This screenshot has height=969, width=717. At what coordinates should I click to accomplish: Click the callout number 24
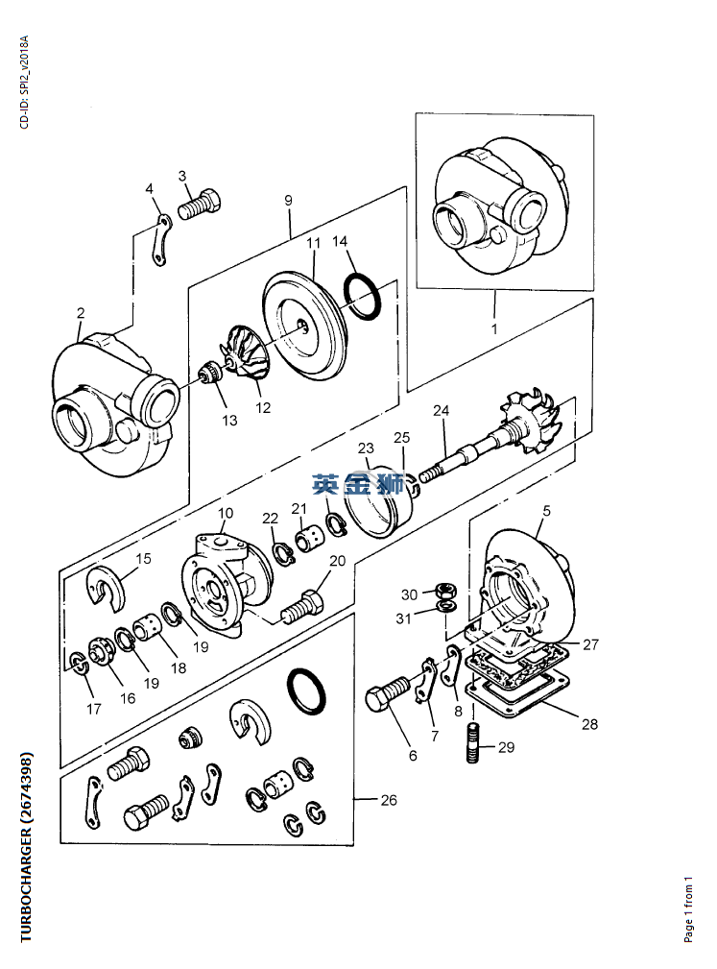(x=441, y=410)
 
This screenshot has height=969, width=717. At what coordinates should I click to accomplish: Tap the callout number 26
(x=389, y=800)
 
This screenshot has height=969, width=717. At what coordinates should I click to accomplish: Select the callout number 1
(x=494, y=328)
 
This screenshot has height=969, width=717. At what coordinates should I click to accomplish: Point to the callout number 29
(x=506, y=748)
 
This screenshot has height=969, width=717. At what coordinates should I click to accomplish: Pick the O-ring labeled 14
(x=363, y=298)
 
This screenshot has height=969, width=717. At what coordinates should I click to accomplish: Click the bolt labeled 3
(x=199, y=205)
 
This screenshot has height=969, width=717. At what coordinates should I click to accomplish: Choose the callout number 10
(x=226, y=513)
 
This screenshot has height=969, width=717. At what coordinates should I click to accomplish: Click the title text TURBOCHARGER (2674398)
(x=26, y=848)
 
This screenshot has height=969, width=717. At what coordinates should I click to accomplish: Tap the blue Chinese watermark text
(x=358, y=484)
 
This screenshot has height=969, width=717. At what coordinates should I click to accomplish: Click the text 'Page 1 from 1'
(x=688, y=909)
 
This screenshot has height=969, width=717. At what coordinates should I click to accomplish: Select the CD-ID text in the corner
(x=24, y=83)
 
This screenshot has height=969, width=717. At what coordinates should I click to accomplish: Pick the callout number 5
(x=546, y=511)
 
